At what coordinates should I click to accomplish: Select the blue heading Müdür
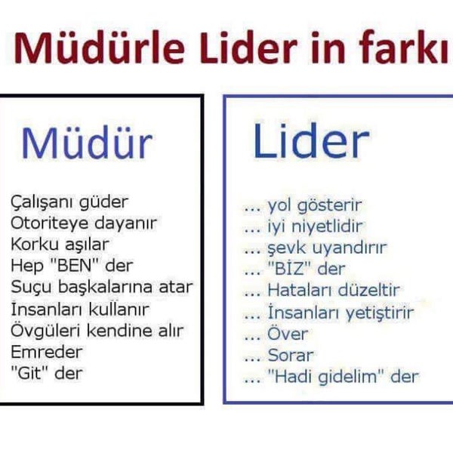(87, 143)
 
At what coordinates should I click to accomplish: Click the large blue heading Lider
(311, 141)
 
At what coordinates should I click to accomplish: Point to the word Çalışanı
(42, 202)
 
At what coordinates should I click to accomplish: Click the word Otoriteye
(50, 223)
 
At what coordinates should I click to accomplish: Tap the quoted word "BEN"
(74, 265)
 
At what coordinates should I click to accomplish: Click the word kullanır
(119, 309)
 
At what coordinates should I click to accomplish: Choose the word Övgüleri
(45, 331)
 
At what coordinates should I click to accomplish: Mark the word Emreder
(47, 352)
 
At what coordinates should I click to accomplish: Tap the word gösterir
(329, 205)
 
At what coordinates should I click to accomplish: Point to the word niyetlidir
(327, 226)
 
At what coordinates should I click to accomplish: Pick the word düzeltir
(369, 290)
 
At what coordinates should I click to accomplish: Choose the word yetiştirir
(380, 313)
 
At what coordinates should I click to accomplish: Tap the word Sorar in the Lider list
(291, 355)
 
